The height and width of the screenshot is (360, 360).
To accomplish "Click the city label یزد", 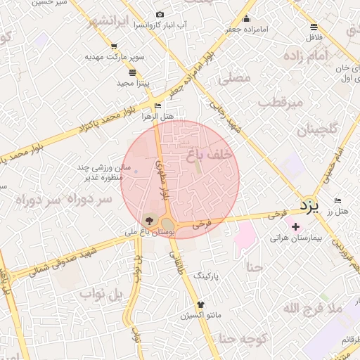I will tap(309, 206).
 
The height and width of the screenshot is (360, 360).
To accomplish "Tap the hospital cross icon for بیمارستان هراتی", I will tap(295, 226).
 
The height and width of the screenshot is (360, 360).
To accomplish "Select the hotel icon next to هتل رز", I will tap(338, 200).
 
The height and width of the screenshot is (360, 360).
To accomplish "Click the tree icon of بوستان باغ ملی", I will tap(147, 220).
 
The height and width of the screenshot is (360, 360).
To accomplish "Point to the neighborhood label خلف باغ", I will tap(211, 153).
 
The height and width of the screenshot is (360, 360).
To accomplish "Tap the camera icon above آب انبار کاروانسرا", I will tap(160, 15).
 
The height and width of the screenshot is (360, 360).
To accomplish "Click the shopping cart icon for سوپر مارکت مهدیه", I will tap(114, 46).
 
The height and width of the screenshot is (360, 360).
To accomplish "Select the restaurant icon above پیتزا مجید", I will tap(132, 72).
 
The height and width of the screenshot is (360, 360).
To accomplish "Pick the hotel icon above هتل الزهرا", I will tap(157, 106).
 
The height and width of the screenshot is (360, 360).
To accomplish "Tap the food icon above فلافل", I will tap(313, 27).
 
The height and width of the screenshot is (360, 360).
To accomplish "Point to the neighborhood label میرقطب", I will tap(280, 103).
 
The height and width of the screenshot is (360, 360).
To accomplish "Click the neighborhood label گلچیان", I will tap(317, 129).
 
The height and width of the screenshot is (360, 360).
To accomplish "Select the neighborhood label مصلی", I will tap(235, 78).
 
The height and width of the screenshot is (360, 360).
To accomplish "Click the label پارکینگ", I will tap(207, 276).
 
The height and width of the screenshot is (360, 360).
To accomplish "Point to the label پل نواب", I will tap(96, 292).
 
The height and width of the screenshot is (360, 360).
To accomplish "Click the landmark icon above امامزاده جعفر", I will tap(247, 19).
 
